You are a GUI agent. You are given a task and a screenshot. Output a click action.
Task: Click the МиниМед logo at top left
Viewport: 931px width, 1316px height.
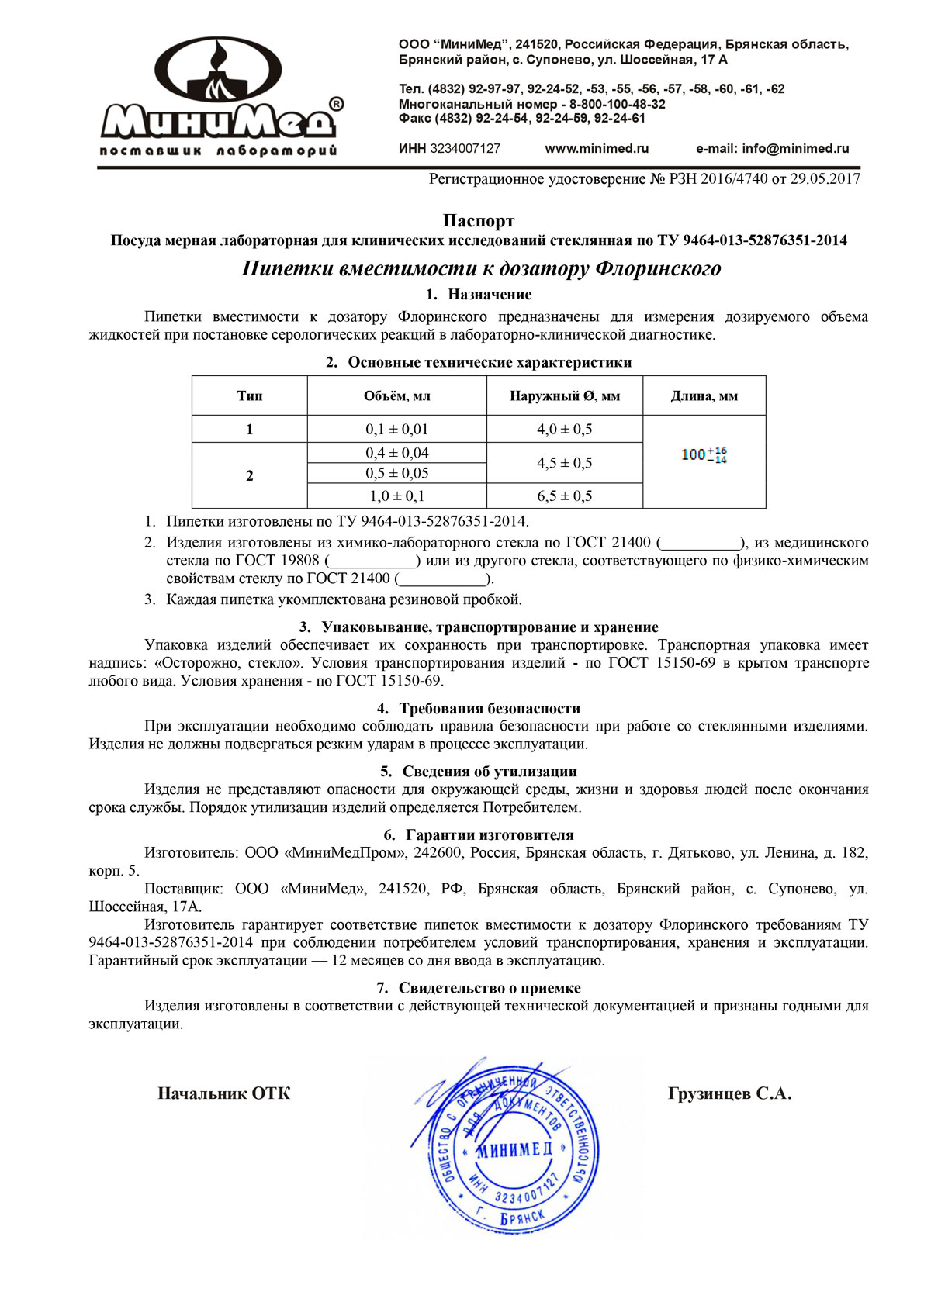tap(220, 97)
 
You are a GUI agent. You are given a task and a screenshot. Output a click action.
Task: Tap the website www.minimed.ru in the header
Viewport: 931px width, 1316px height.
tap(597, 149)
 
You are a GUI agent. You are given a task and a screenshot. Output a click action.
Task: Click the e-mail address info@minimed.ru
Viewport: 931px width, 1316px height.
tap(795, 149)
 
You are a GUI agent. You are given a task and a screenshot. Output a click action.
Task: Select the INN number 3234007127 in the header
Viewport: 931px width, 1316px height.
tap(465, 149)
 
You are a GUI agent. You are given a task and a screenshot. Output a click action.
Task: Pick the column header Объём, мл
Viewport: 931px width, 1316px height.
tap(396, 396)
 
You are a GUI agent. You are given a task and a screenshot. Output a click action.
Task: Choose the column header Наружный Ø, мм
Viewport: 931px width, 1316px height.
tap(565, 396)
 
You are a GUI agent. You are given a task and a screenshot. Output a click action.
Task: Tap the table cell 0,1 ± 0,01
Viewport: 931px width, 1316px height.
tap(396, 430)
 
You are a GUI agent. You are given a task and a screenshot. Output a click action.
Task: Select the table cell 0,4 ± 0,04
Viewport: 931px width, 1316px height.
tap(396, 453)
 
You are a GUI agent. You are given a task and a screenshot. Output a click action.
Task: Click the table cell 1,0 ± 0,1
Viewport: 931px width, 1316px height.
tap(396, 496)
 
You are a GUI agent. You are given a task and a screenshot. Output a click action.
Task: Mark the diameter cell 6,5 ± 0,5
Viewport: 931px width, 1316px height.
tap(565, 496)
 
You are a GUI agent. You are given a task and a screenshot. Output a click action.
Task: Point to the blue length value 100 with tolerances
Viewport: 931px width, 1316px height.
tap(704, 455)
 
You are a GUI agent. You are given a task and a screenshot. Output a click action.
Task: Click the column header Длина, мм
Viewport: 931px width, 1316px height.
tap(704, 396)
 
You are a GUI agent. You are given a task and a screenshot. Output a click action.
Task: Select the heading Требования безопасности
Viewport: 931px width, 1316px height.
tap(489, 708)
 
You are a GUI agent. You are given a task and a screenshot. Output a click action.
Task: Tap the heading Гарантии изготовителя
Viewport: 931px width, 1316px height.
tap(489, 835)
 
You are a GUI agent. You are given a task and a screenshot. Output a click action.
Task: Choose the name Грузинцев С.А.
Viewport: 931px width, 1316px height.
tap(729, 1093)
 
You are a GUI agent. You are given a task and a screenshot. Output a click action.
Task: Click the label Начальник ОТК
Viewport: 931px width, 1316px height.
tap(223, 1093)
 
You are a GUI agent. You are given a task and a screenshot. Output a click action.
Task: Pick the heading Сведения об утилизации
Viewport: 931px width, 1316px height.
tap(489, 772)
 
